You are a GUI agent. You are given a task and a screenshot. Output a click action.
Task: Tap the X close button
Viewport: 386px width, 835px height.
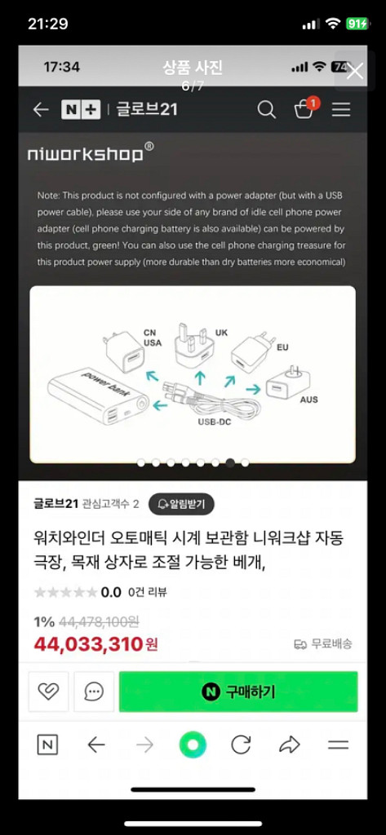point(354,71)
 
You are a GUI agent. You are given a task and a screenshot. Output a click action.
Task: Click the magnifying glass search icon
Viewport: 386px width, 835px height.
point(267,110)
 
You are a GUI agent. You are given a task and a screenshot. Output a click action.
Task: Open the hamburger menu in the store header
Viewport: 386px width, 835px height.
point(341,110)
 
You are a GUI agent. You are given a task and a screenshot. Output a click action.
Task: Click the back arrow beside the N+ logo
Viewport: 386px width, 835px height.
point(41,110)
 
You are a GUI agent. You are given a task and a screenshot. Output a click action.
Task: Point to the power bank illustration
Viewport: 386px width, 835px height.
point(98,395)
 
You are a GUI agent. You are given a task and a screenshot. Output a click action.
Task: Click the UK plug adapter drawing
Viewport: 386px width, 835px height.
point(194,345)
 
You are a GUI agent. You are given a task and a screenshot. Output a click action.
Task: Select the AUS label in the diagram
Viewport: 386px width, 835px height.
point(308,399)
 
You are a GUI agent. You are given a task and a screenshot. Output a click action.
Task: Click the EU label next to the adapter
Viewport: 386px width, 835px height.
point(282,347)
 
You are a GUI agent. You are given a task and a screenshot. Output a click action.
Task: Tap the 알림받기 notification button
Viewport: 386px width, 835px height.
point(181,504)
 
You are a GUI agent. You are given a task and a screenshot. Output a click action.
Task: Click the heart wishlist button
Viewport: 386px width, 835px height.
point(48,691)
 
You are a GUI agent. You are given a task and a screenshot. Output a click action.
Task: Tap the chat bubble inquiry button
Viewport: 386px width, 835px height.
point(94,691)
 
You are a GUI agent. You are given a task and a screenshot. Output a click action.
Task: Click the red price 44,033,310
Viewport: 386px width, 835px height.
point(88,644)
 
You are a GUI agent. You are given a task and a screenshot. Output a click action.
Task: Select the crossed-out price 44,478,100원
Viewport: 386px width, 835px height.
point(100,621)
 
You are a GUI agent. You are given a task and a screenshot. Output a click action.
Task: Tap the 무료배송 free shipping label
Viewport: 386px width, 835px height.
point(323,644)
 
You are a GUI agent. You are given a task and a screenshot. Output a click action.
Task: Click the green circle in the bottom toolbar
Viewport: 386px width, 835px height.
point(193,744)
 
